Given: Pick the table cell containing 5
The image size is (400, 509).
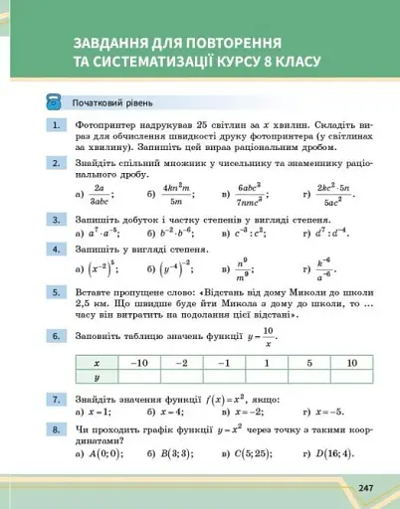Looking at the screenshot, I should coord(309,363).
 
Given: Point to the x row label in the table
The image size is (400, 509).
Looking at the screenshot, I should coord(97,363).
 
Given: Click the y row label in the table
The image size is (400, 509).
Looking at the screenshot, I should coord(97,378).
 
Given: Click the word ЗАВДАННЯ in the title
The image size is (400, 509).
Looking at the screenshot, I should coord(110,44).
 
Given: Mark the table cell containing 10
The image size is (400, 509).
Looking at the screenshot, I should coord(352,363).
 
